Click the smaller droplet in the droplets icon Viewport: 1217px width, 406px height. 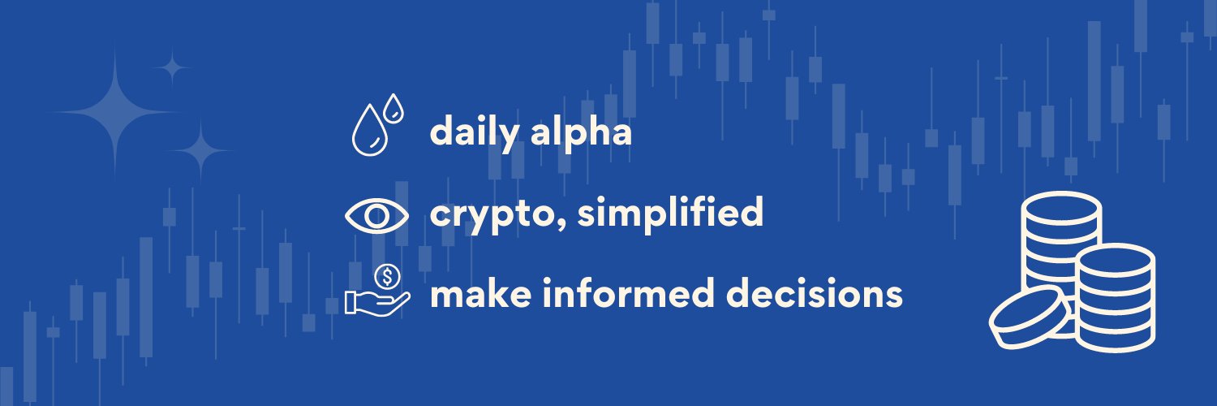tap(393, 108)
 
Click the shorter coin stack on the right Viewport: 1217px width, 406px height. tap(1116, 296)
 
